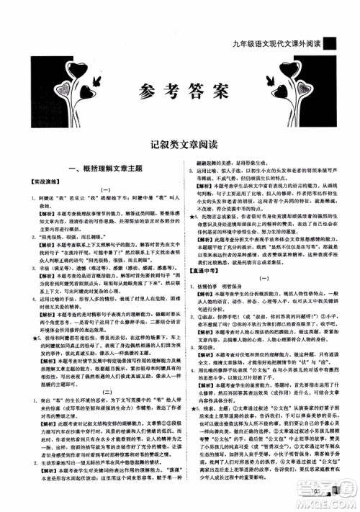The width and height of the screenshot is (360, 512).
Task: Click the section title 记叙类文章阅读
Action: (180, 145)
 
